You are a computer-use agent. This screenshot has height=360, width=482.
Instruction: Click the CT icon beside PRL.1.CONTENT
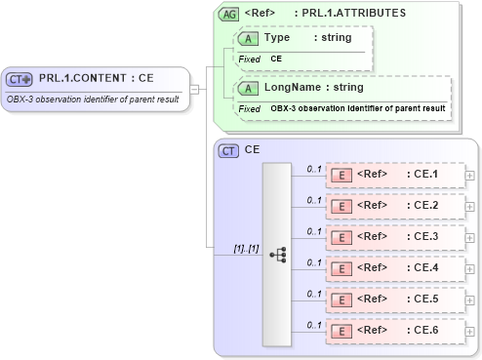[20, 78]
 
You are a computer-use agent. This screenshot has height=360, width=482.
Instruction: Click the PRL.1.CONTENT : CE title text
[96, 78]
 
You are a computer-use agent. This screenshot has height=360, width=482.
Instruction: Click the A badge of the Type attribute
[247, 38]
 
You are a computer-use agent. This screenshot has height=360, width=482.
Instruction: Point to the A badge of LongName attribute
[247, 88]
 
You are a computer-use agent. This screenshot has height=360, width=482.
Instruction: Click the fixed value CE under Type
[276, 59]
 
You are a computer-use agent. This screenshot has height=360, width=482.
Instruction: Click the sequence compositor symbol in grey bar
[278, 250]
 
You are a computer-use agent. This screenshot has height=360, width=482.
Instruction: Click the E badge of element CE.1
[342, 175]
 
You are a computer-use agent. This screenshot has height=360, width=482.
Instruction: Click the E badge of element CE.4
[342, 268]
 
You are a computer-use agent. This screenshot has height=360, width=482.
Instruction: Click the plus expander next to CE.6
[470, 331]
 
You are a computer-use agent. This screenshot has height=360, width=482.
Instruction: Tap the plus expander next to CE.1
[470, 175]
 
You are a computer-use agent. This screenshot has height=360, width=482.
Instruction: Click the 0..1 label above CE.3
[314, 231]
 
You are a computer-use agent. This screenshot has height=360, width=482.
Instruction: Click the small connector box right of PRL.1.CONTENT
[194, 90]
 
